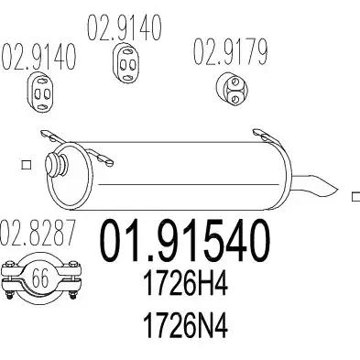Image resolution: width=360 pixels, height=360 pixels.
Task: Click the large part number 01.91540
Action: (185, 241)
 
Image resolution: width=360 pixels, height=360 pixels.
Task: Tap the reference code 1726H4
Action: (186, 284)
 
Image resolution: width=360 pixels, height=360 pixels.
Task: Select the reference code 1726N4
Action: (186, 325)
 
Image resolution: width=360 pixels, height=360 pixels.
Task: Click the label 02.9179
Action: (230, 52)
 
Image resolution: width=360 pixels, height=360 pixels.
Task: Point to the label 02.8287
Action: (38, 233)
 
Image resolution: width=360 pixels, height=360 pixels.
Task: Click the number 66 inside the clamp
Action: (40, 278)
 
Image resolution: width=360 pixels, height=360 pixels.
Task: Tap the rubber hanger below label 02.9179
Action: (232, 88)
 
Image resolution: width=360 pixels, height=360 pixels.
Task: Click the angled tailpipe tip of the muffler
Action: (315, 185)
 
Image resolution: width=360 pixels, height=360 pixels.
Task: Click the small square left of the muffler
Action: (27, 165)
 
